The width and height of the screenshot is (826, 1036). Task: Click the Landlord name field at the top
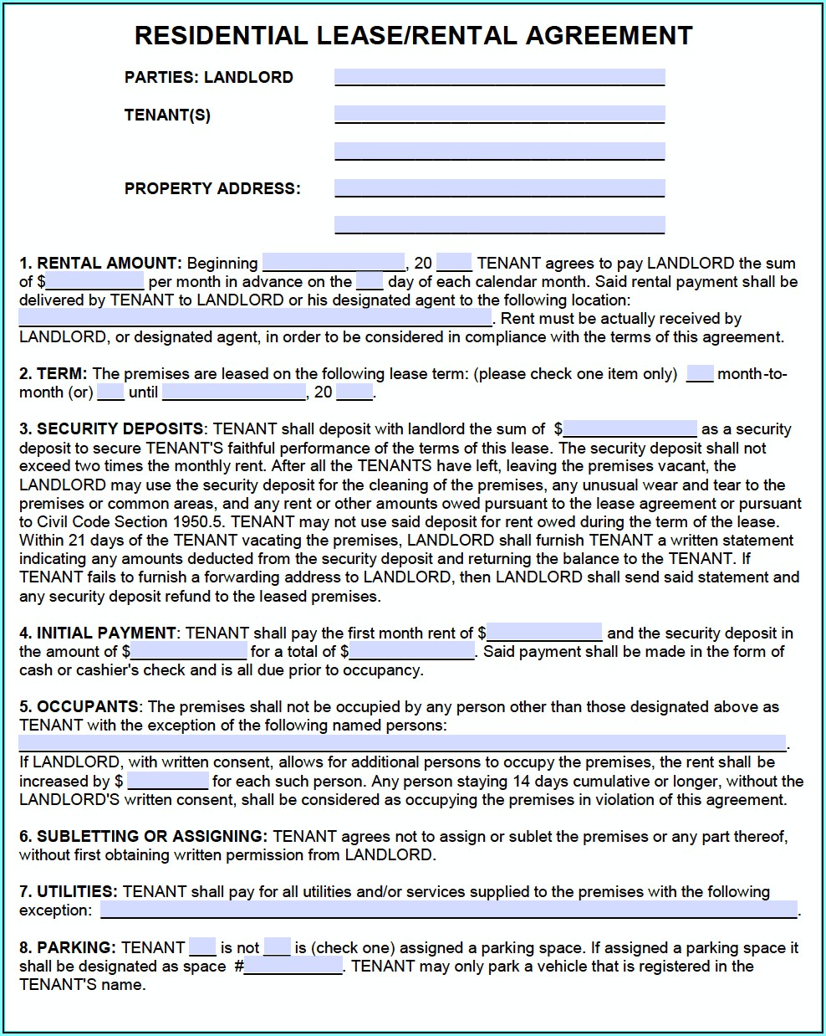(499, 78)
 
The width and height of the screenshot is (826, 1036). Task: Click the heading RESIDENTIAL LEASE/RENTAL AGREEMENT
(413, 35)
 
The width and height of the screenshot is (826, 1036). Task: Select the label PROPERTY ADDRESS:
(212, 188)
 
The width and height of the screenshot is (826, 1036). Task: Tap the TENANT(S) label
(167, 115)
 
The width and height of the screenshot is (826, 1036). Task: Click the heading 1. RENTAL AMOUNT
(100, 264)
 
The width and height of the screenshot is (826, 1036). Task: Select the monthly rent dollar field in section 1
(95, 282)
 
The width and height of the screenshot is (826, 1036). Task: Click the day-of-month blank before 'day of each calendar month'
(370, 282)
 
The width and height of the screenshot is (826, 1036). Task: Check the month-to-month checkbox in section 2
(700, 374)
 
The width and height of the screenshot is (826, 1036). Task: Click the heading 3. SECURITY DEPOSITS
(111, 429)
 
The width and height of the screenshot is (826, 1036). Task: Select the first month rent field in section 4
(544, 633)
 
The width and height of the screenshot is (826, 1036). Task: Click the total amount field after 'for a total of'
(412, 651)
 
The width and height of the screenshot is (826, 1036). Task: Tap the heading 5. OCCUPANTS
(79, 707)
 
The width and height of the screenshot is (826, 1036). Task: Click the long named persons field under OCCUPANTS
(402, 743)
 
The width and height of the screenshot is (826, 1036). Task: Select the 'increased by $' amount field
(167, 782)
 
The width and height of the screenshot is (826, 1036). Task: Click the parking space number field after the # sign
(293, 967)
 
